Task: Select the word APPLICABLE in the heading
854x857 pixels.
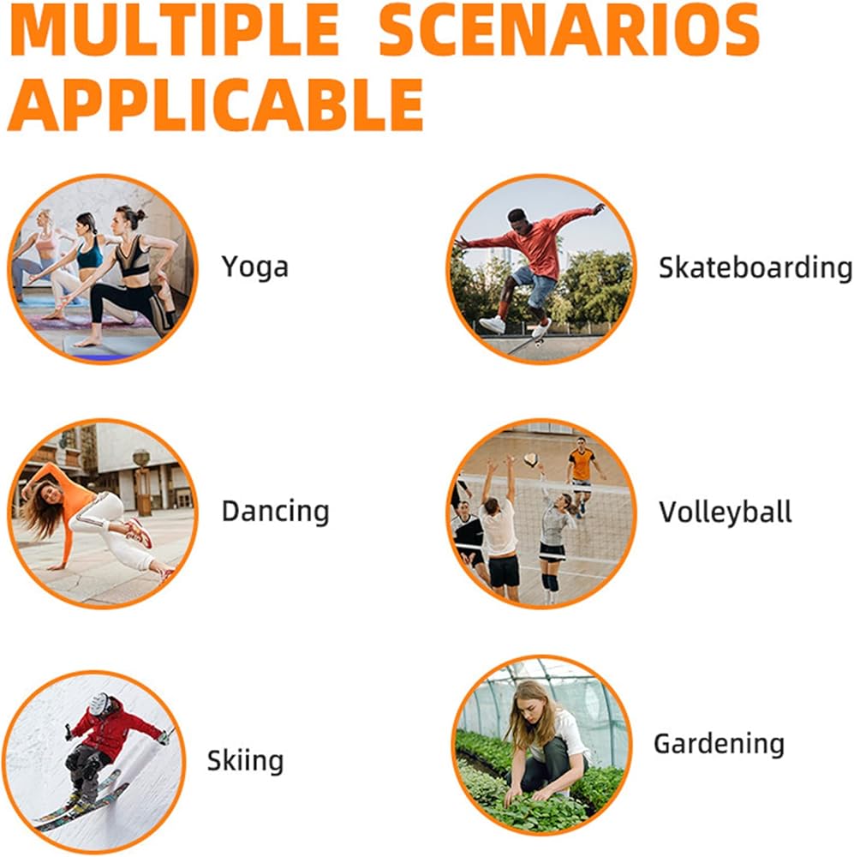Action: [x=215, y=104]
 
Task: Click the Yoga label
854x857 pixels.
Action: [x=254, y=267]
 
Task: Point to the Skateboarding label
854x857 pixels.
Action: [x=755, y=267]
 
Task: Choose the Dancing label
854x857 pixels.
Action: [x=275, y=512]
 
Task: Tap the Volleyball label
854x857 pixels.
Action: [x=725, y=512]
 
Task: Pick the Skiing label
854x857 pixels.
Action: [x=245, y=760]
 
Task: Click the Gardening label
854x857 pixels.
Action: [x=719, y=744]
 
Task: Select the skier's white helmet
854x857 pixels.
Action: [x=99, y=704]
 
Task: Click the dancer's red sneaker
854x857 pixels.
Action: [x=140, y=532]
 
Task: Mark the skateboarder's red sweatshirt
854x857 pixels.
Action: [x=530, y=241]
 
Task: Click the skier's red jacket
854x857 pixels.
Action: [x=110, y=729]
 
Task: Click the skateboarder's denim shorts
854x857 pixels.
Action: [x=532, y=285]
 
